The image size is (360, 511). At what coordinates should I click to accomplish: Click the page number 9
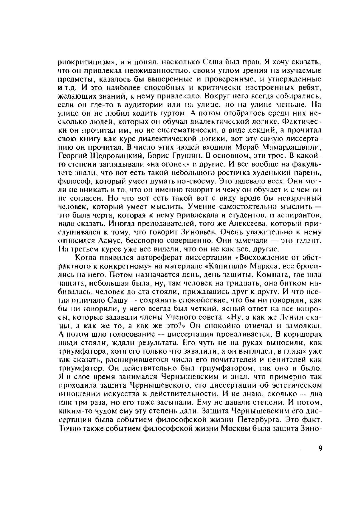pyautogui.click(x=320, y=448)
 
